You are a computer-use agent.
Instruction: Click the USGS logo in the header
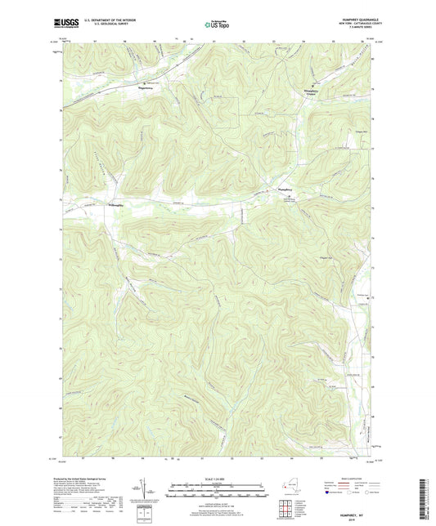pyautogui.click(x=65, y=25)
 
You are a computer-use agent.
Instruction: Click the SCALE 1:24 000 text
pyautogui.click(x=218, y=479)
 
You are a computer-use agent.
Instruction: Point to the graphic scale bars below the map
pyautogui.click(x=218, y=492)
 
